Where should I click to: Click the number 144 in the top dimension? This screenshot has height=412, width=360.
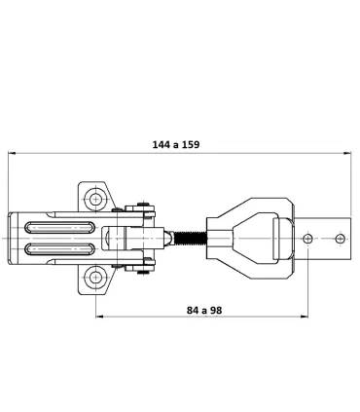pos(162,144)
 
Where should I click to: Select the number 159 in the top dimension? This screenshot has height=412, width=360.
pos(191,144)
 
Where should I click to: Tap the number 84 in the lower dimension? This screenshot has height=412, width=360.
pos(193,311)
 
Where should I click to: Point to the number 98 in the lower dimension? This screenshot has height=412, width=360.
pos(216,311)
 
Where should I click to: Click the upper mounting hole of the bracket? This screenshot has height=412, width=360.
pos(95,199)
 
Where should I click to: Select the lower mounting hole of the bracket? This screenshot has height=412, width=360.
pos(95,278)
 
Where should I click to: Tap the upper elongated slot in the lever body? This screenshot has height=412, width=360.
pos(59,227)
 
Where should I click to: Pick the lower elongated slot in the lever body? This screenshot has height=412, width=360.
pos(59,249)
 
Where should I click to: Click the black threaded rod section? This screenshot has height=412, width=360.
pos(191,239)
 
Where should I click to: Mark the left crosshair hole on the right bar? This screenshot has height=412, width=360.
pos(307,239)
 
